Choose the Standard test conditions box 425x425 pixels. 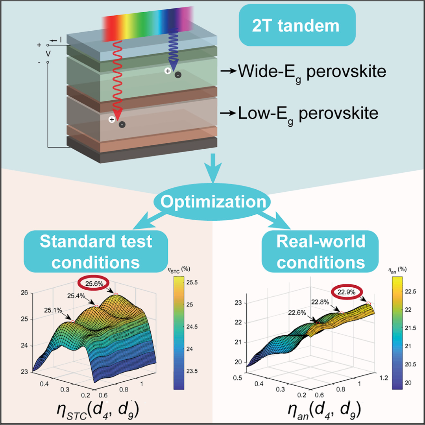click(96, 251)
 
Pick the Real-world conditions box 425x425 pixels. click(321, 251)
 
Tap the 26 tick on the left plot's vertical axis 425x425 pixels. click(24, 293)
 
